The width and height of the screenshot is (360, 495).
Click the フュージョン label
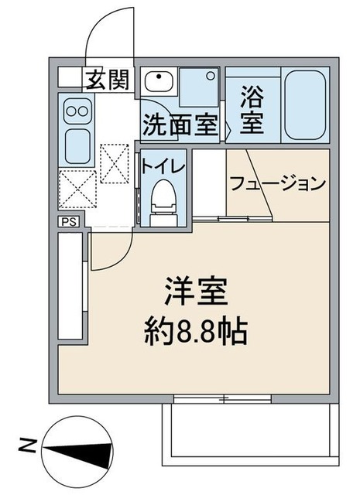pos(276,184)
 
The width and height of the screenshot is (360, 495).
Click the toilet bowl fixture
pos(162,198)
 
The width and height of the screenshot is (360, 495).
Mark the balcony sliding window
pos(223,399)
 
